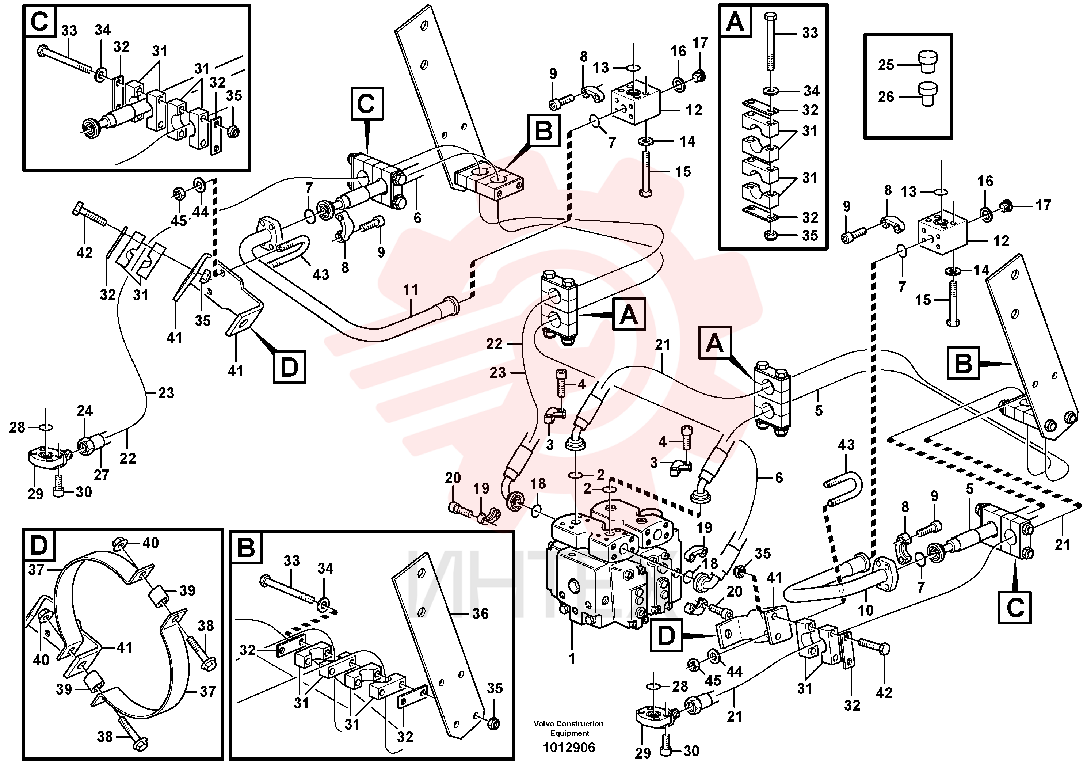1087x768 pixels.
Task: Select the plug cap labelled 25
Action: pyautogui.click(x=927, y=62)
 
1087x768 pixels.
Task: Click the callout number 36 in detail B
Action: pyautogui.click(x=480, y=614)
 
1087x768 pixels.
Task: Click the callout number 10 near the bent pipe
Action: pyautogui.click(x=865, y=610)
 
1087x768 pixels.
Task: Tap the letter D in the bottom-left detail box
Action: pyautogui.click(x=38, y=545)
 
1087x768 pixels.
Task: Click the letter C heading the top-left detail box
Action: pyautogui.click(x=39, y=21)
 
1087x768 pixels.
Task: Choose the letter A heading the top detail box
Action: pyautogui.click(x=735, y=21)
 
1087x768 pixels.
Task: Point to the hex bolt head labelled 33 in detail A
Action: pyautogui.click(x=770, y=16)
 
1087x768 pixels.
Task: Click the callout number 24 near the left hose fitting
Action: pyautogui.click(x=85, y=411)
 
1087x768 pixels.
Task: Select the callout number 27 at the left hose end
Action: pyautogui.click(x=101, y=475)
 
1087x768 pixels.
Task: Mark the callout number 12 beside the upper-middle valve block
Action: pyautogui.click(x=694, y=110)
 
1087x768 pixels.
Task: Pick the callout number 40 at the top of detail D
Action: pyautogui.click(x=150, y=543)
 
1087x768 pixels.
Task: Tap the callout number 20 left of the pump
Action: pyautogui.click(x=453, y=478)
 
